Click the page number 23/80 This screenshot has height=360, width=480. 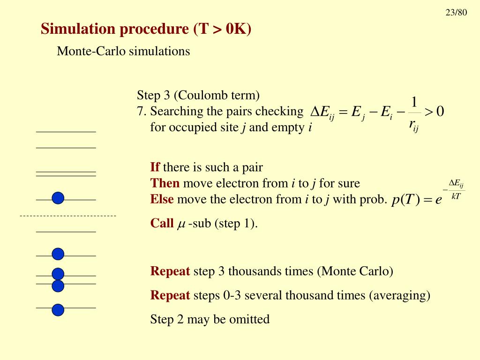coord(456,13)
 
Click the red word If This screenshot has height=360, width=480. coord(155,167)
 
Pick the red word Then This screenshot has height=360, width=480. coord(165,183)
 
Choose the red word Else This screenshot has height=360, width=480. coord(162,199)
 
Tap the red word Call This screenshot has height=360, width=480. coord(162,223)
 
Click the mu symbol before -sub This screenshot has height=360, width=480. coord(181,224)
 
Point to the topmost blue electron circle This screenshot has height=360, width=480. coord(58,198)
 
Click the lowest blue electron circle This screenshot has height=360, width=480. coord(58,310)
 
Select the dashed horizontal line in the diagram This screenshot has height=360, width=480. coord(68,216)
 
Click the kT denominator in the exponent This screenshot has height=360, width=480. coord(455,196)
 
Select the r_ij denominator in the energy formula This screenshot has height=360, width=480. coord(413,125)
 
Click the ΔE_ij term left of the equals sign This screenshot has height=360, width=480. coord(322,112)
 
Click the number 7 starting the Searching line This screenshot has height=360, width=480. coord(140,112)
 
